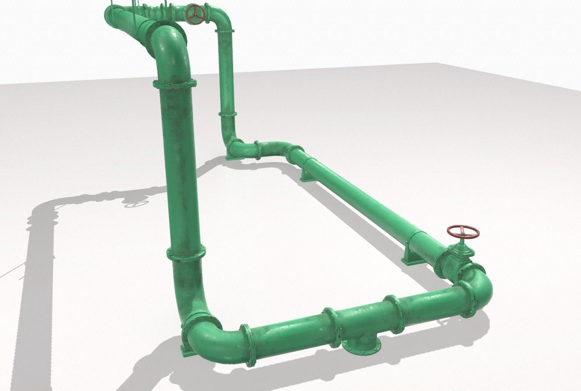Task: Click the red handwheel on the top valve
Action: click(x=195, y=14)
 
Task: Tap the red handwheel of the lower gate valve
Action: click(x=463, y=232)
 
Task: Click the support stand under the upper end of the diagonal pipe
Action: click(x=305, y=175)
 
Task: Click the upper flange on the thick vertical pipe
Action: click(x=175, y=83)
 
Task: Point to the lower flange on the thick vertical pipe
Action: click(x=186, y=253)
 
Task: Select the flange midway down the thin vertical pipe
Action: click(x=227, y=114)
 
